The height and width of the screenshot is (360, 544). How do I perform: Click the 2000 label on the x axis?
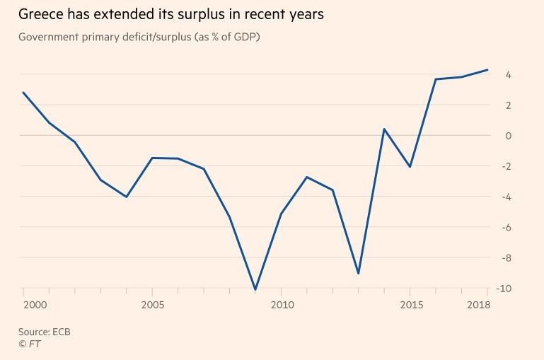click(x=36, y=304)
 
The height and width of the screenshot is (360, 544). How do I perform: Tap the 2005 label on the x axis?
click(x=152, y=304)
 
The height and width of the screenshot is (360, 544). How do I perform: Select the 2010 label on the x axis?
click(x=281, y=304)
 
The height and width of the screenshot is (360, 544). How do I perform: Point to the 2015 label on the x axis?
click(x=410, y=304)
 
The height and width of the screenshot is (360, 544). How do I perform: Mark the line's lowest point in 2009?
click(x=255, y=289)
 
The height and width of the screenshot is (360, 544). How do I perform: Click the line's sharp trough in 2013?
click(x=359, y=273)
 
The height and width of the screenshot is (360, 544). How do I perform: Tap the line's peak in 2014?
click(x=383, y=129)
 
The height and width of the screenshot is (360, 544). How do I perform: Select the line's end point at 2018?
click(x=487, y=70)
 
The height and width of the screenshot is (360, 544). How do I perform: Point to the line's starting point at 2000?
click(x=23, y=93)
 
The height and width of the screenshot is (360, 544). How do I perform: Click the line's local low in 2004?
click(x=126, y=197)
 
